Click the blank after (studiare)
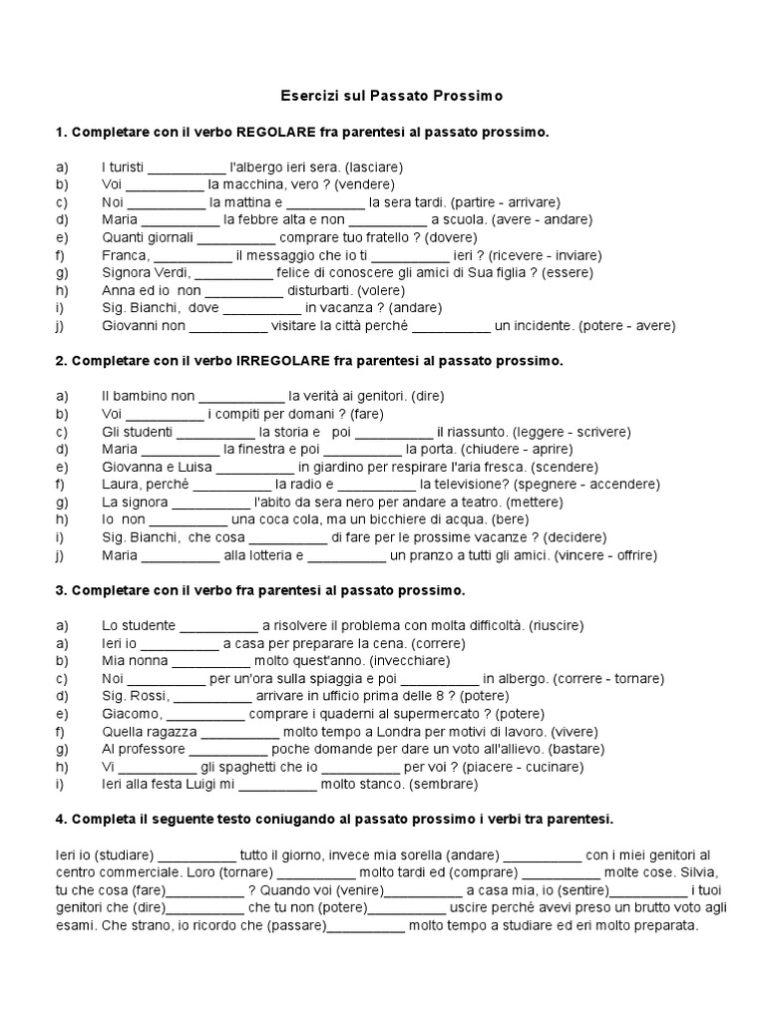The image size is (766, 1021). (x=196, y=854)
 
